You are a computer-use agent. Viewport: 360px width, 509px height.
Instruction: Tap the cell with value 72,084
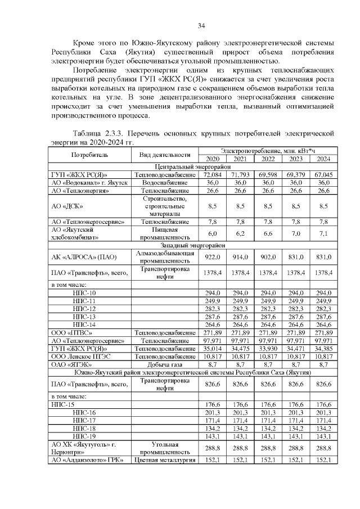213,175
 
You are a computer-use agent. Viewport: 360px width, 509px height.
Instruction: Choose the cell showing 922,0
213,257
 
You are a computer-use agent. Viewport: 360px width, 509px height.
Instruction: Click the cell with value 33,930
268,349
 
